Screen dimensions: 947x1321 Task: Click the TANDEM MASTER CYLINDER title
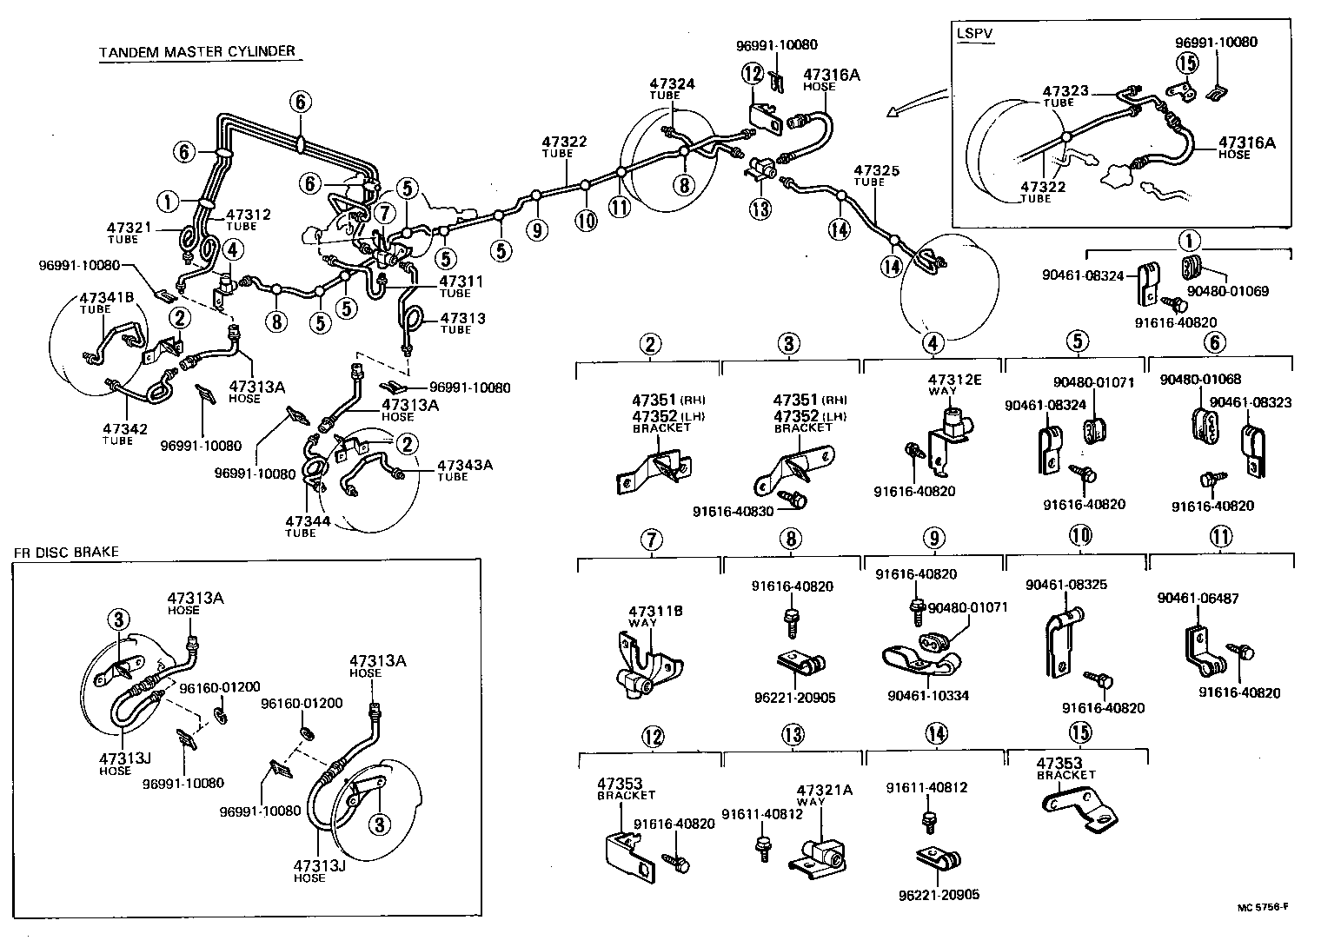[x=197, y=51]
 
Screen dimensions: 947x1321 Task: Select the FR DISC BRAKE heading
[x=65, y=552]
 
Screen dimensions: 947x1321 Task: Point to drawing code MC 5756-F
[x=1263, y=907]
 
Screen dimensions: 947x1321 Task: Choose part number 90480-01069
[x=1227, y=291]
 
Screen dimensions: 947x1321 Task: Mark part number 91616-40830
[x=733, y=511]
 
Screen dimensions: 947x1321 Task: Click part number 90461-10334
[x=928, y=695]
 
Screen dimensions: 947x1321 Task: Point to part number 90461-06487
[x=1198, y=598]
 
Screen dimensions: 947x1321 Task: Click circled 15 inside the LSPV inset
[x=1186, y=63]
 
